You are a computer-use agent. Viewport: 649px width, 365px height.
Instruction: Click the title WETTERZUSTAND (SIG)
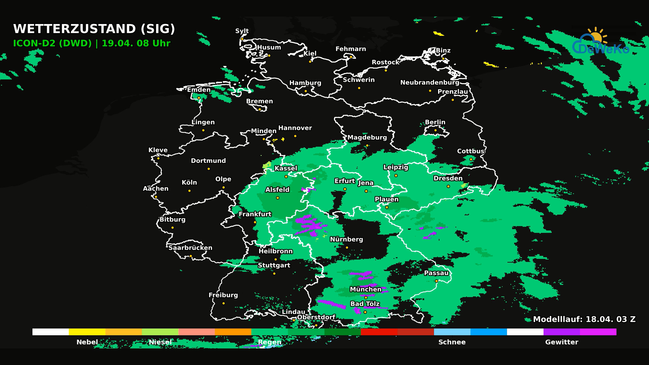coord(94,29)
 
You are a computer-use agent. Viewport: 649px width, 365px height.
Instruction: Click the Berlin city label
coord(435,122)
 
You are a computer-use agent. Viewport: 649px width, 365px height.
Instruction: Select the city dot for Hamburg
coord(306,91)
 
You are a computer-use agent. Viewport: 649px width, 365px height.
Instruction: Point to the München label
coord(365,289)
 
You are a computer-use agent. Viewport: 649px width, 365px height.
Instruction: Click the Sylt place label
coord(242,31)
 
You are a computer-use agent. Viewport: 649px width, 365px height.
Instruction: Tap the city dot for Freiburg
coord(223,303)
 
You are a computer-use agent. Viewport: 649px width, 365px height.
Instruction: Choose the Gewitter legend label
coord(561,342)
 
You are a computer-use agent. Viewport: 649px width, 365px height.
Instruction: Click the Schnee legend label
coord(452,342)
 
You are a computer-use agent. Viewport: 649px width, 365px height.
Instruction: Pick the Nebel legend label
coord(87,342)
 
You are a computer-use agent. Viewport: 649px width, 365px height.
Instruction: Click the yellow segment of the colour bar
coord(87,332)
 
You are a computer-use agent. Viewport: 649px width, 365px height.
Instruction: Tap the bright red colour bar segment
coord(379,332)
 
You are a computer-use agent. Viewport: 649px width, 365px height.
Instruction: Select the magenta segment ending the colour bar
coord(598,332)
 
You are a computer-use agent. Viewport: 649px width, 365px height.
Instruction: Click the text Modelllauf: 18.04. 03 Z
coord(584,319)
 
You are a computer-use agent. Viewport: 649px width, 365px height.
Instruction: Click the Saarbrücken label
coord(190,248)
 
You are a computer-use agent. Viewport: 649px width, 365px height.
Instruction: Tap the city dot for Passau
coord(436,281)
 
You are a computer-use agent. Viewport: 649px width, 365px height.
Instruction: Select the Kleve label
coord(158,150)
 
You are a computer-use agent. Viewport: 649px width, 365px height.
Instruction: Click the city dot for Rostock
coord(386,70)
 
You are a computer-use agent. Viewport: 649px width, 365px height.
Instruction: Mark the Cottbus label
coord(471,151)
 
